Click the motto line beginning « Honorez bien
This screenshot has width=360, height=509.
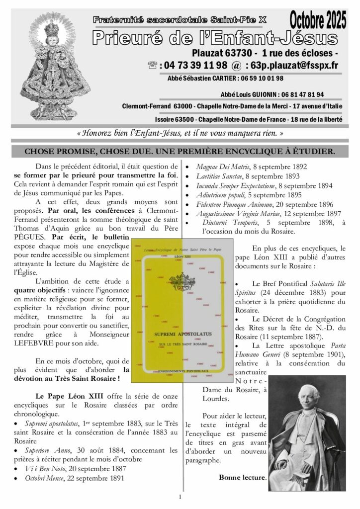[x=181, y=133]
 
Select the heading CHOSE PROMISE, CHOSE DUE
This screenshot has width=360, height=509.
[x=180, y=151]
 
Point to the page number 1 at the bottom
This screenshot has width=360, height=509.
[x=180, y=497]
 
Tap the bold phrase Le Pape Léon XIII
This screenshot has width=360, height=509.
[x=67, y=396]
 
